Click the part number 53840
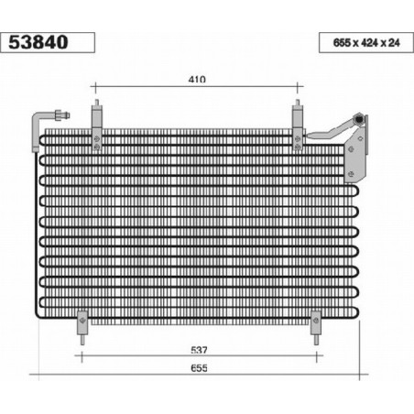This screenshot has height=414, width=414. click(x=38, y=42)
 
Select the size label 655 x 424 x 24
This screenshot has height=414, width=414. click(x=366, y=43)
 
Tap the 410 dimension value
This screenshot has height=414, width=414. click(x=197, y=80)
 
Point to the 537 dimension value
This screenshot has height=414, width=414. click(x=199, y=350)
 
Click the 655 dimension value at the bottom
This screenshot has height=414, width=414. click(x=199, y=368)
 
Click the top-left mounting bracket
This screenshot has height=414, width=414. click(x=96, y=127)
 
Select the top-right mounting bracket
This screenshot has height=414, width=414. click(x=298, y=127)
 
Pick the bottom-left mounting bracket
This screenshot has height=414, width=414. click(x=82, y=322)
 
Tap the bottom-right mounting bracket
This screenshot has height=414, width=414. click(x=316, y=322)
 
